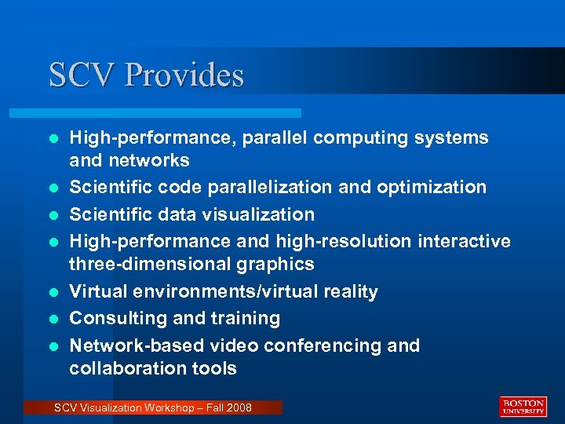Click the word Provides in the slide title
[x=184, y=75]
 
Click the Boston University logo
[x=523, y=406]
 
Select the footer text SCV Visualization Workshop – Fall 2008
[x=153, y=408]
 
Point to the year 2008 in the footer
[x=239, y=408]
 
